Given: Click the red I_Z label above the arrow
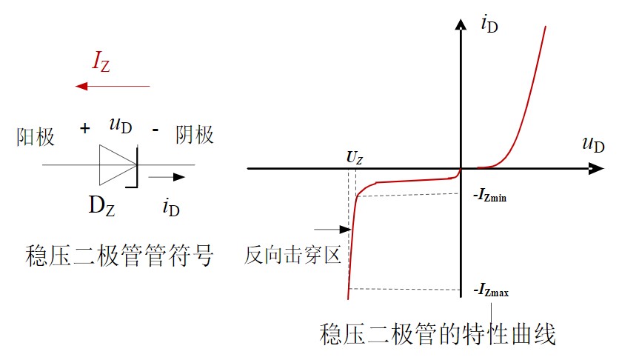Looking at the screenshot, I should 101,63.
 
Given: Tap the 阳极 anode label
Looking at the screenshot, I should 36,136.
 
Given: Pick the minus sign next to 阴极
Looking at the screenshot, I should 155,130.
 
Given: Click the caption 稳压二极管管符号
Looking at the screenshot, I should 119,257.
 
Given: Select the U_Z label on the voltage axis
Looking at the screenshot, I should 355,158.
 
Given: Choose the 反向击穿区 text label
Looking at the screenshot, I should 292,256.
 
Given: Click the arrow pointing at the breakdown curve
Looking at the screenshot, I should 331,230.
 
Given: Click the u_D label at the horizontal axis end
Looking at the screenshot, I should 593,144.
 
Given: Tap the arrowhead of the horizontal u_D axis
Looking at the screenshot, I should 598,168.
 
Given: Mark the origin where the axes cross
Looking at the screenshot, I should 461,168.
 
